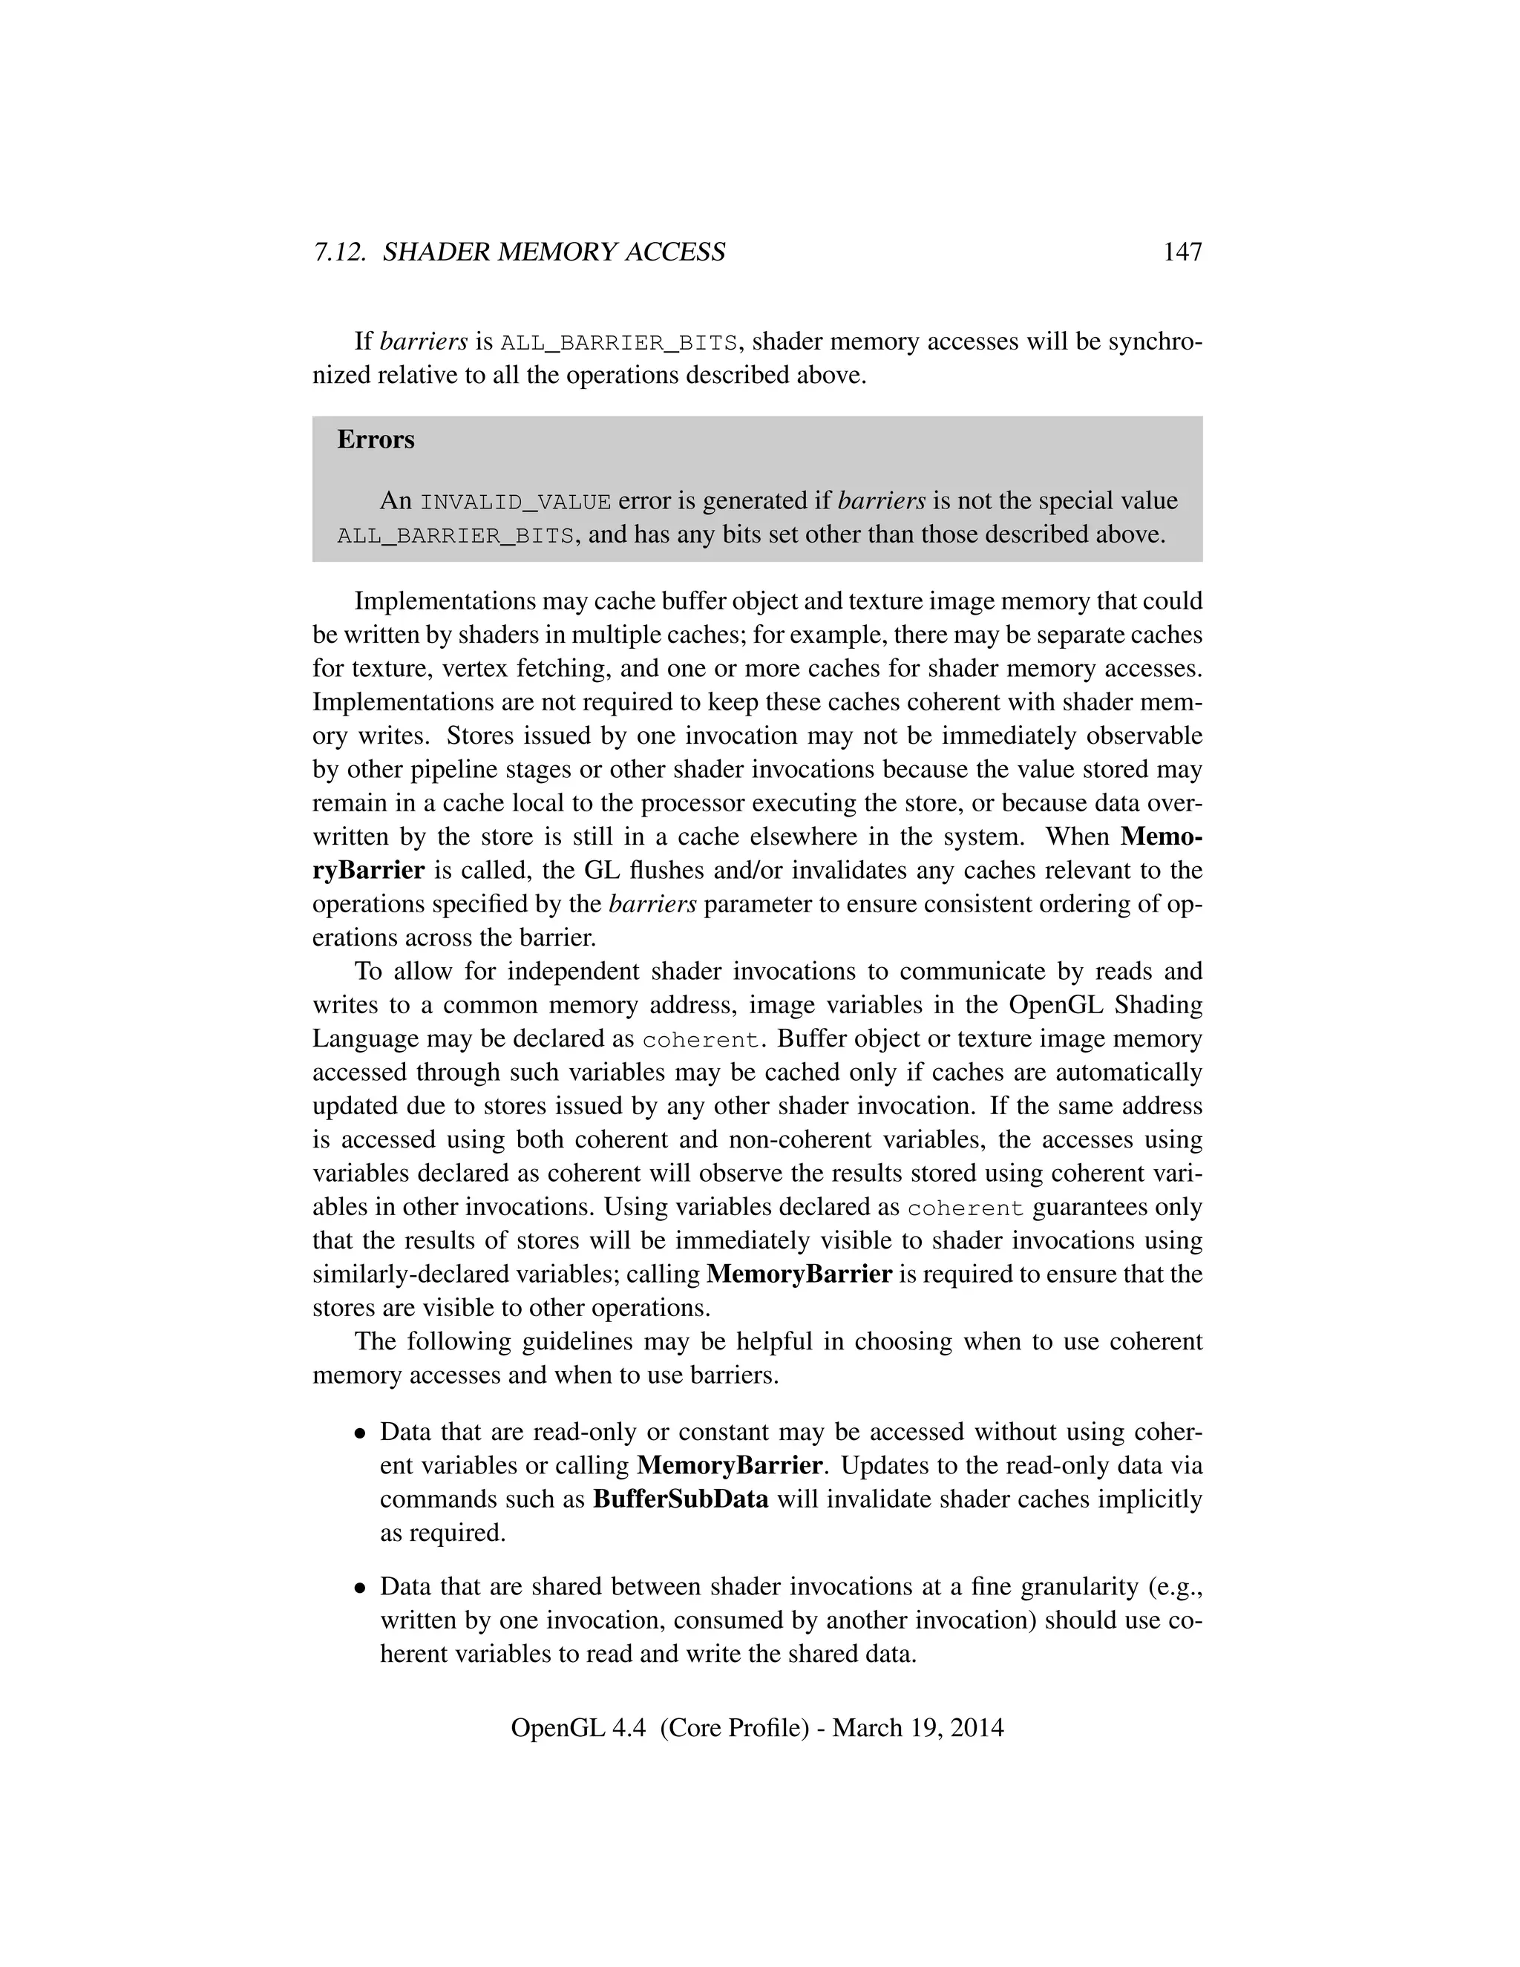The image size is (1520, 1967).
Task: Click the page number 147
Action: tap(1182, 252)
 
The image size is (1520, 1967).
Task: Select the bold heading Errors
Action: tap(376, 439)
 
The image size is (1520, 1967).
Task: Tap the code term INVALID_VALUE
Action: tap(516, 502)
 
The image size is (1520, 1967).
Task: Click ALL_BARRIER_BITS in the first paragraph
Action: tap(620, 343)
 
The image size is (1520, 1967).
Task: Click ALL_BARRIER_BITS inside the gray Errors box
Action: tap(456, 536)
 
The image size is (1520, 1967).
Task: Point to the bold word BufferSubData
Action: tap(681, 1499)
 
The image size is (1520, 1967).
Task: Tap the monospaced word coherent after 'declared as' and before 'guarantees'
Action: tap(966, 1208)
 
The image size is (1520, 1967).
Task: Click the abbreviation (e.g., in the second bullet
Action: tap(1170, 1586)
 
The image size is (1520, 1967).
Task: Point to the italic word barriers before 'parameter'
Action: tap(653, 904)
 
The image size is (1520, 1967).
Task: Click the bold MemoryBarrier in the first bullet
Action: tap(729, 1465)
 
